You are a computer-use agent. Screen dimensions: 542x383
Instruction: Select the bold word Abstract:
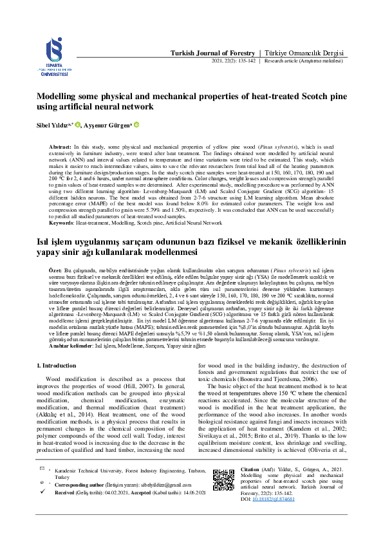[61, 148]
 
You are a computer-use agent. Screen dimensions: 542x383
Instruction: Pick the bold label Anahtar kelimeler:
[70, 346]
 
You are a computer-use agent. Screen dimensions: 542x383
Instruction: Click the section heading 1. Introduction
[58, 366]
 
